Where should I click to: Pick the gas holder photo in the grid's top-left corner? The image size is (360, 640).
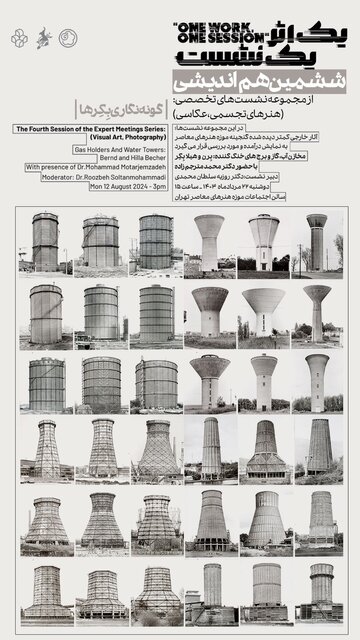[45, 242]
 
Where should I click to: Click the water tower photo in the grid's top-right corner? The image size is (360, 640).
[317, 242]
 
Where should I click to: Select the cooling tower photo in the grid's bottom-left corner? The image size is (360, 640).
[45, 593]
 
